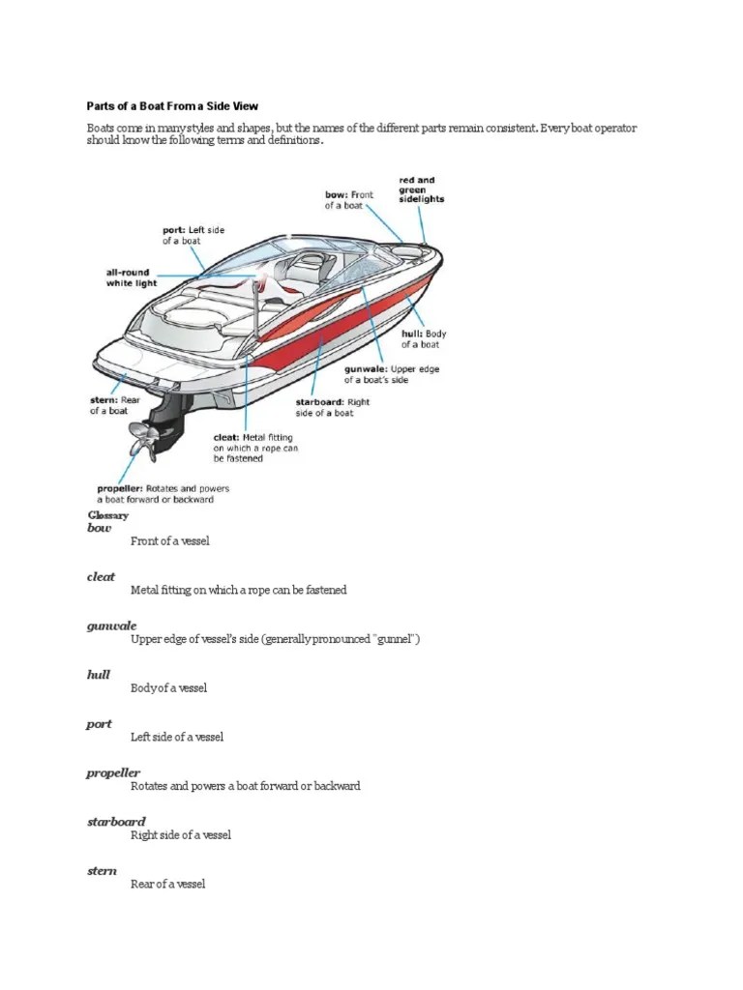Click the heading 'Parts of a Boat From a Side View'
click(175, 104)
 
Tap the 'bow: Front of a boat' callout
click(348, 200)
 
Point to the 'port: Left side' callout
click(193, 235)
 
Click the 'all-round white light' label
click(130, 278)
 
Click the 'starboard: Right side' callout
click(333, 407)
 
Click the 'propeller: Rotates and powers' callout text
click(163, 494)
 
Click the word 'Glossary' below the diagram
click(107, 515)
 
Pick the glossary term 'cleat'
click(101, 576)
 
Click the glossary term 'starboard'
click(116, 822)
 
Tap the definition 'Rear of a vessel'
click(168, 884)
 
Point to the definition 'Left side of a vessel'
click(177, 737)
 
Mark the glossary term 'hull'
click(99, 675)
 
